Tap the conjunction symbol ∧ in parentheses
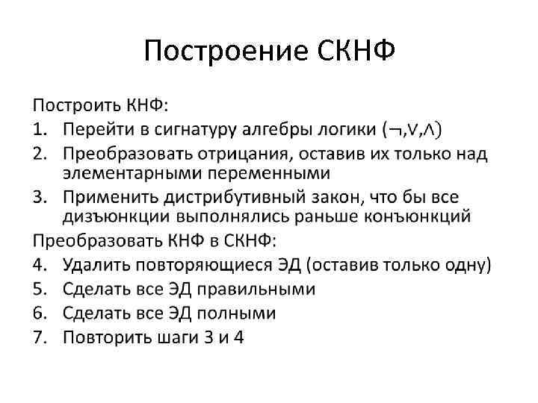pyautogui.click(x=430, y=131)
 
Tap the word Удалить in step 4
pyautogui.click(x=92, y=265)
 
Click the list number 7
pyautogui.click(x=40, y=337)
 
